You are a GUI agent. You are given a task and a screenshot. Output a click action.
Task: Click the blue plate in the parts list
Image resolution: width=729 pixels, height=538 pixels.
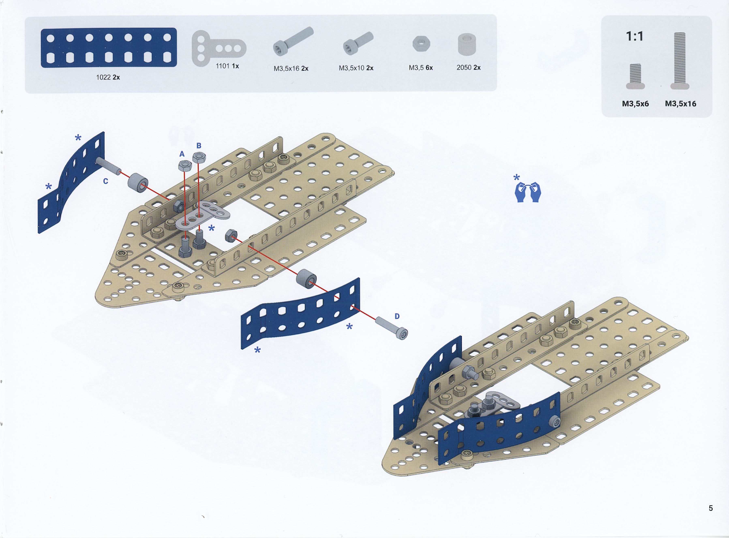(109, 48)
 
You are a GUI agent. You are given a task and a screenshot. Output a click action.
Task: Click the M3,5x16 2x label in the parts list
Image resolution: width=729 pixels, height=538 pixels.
(291, 68)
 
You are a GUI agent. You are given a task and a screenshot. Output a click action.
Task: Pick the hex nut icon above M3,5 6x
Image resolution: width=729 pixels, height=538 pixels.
(421, 44)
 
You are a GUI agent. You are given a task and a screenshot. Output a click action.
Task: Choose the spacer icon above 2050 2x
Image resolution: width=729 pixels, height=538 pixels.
(467, 44)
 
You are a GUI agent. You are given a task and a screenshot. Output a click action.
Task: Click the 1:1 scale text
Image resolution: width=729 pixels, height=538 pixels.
(635, 36)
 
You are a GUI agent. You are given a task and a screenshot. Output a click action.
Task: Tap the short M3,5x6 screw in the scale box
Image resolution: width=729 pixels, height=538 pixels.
(635, 76)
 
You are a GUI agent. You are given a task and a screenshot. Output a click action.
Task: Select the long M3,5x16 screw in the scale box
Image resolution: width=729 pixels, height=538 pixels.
(680, 61)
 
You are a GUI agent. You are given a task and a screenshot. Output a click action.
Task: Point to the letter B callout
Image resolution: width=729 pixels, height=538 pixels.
(199, 146)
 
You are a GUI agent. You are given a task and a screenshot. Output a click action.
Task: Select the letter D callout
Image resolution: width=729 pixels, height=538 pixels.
(397, 316)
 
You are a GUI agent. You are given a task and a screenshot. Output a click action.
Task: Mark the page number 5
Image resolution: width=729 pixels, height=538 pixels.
(711, 508)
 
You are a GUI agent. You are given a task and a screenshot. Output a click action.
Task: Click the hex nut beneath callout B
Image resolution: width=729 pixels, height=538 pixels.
(199, 157)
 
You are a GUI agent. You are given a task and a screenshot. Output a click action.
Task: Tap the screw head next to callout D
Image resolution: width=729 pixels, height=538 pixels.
(402, 333)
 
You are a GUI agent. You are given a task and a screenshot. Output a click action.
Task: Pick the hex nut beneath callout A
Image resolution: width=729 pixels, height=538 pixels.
(185, 166)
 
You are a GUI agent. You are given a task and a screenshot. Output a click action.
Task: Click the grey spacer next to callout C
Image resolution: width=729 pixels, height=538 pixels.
(138, 183)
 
